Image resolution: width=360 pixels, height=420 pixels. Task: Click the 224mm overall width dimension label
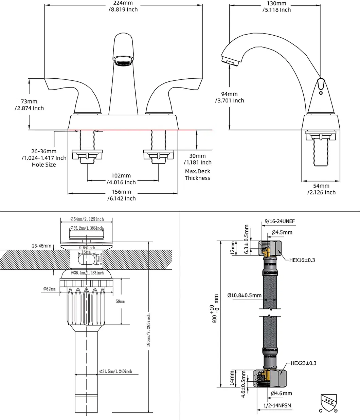[x=123, y=6]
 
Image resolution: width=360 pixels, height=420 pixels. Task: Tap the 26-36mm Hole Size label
[x=44, y=158]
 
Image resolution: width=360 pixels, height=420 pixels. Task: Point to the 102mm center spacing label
[x=121, y=179]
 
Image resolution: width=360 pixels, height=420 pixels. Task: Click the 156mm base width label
[x=121, y=195]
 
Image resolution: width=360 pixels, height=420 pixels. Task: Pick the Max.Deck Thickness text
[x=197, y=175]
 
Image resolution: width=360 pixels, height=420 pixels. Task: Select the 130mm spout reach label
[x=276, y=6]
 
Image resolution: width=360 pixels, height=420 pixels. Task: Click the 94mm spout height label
[x=230, y=97]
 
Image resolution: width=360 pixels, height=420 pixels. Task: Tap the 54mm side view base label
[x=321, y=189]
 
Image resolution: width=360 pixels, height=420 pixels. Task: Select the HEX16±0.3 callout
[x=302, y=260]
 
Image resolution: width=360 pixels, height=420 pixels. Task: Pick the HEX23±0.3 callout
[x=303, y=363]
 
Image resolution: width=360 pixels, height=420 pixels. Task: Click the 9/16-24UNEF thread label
[x=280, y=222]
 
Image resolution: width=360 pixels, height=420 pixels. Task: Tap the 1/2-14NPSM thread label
[x=277, y=405]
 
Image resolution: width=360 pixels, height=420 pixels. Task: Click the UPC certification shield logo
[x=328, y=403]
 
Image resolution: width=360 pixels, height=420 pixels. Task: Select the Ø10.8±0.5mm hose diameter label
[x=245, y=295]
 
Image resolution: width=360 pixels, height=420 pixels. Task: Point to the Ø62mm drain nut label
[x=49, y=289]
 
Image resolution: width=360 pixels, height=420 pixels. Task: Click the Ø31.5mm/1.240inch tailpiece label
[x=115, y=371]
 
